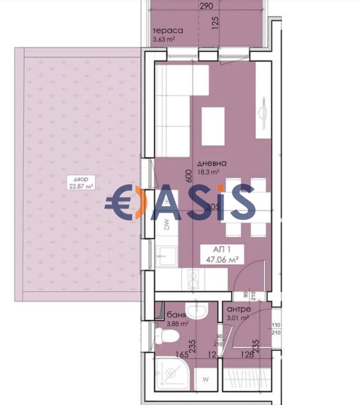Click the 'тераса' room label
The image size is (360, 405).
[x=167, y=31]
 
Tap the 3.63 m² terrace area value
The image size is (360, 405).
[x=164, y=40]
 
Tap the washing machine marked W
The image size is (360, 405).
[x=206, y=378]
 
